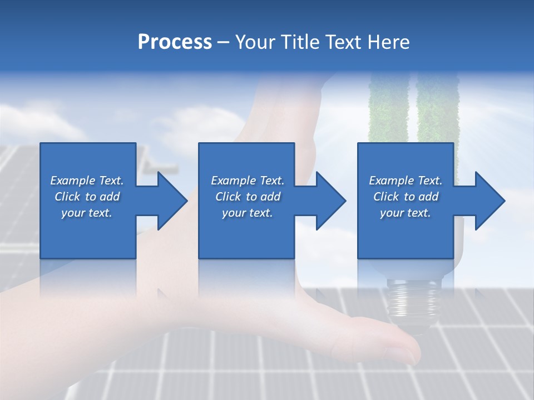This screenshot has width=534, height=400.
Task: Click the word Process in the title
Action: pyautogui.click(x=175, y=42)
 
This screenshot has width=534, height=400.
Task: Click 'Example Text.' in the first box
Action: pyautogui.click(x=87, y=181)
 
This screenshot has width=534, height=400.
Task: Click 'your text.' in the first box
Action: pyautogui.click(x=87, y=213)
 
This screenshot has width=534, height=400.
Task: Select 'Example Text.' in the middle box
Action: pyautogui.click(x=248, y=181)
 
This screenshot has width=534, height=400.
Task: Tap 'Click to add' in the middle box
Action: pyautogui.click(x=248, y=197)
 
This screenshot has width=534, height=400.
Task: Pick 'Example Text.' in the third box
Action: pyautogui.click(x=406, y=181)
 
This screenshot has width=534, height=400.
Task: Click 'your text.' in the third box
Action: pyautogui.click(x=406, y=213)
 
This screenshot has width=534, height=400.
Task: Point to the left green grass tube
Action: pyautogui.click(x=388, y=111)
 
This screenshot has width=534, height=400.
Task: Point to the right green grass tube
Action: pyautogui.click(x=437, y=111)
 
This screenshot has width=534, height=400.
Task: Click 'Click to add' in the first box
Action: pyautogui.click(x=87, y=197)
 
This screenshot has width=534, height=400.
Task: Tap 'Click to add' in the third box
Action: pyautogui.click(x=406, y=197)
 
